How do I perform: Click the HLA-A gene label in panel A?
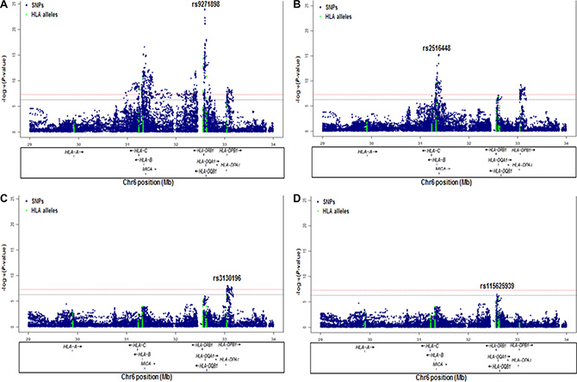click(73, 151)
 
